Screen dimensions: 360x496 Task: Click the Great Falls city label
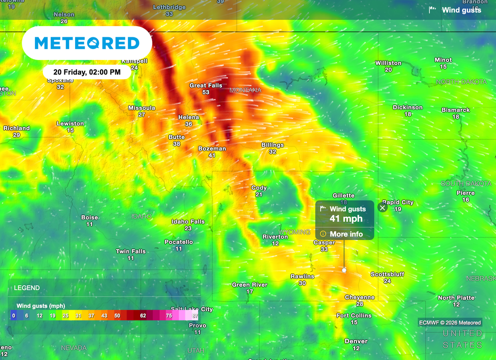click(x=206, y=86)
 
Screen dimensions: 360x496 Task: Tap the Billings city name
click(x=273, y=145)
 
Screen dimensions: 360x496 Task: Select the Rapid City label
click(x=398, y=203)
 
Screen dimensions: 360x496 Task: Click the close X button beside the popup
click(x=383, y=208)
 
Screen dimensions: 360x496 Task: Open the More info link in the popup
click(x=346, y=234)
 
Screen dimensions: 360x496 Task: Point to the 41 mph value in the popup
click(x=346, y=219)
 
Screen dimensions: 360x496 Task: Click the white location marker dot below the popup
click(x=344, y=270)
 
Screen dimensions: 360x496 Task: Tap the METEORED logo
click(x=87, y=43)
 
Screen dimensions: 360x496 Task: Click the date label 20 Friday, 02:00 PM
click(x=87, y=72)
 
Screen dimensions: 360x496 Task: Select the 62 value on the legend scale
click(x=143, y=315)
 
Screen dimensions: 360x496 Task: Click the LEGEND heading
click(x=27, y=288)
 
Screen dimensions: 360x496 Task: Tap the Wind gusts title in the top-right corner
click(x=461, y=10)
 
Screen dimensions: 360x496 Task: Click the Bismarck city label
click(x=456, y=110)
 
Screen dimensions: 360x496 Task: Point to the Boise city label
click(x=90, y=218)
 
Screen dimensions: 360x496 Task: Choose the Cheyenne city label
click(x=359, y=297)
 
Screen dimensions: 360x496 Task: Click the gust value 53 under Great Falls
click(x=206, y=92)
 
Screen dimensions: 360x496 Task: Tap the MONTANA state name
click(x=246, y=91)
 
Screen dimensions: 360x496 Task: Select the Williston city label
click(x=388, y=63)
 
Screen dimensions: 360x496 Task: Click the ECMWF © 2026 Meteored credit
click(x=450, y=323)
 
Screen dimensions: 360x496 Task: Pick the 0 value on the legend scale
click(x=14, y=315)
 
